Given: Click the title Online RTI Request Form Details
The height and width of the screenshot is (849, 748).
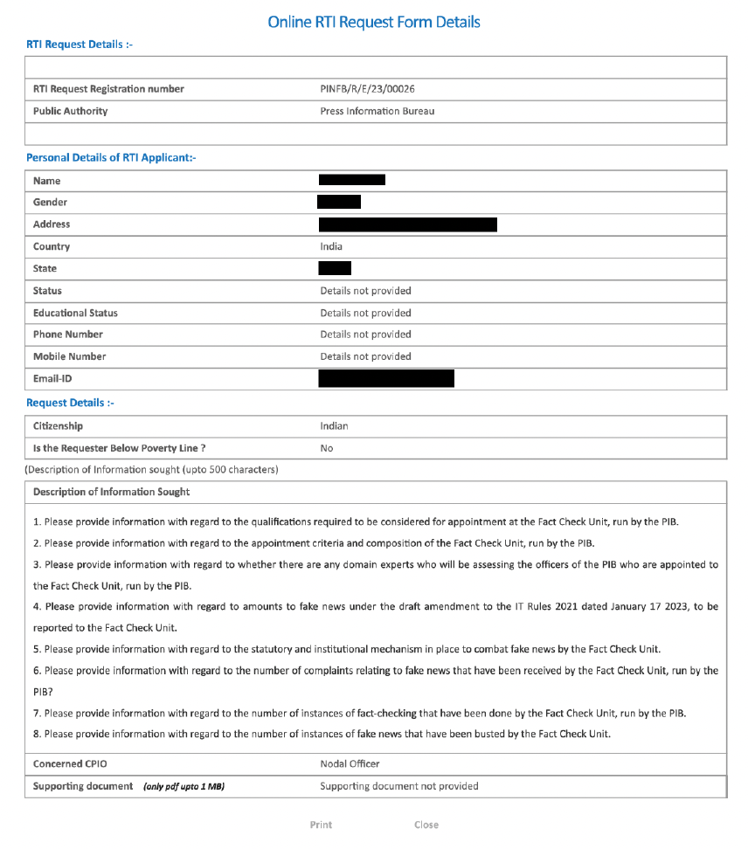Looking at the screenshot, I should point(373,22).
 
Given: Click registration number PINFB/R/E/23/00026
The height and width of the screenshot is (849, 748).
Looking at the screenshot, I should point(373,89).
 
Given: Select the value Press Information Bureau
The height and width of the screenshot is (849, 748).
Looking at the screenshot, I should point(377,111).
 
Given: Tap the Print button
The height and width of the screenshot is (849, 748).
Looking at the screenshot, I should point(321,825).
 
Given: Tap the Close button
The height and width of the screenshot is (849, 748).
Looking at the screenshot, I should point(426,825).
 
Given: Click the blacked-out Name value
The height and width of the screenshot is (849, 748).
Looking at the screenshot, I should point(352,180).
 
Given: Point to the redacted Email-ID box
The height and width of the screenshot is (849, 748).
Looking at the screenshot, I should point(386,378).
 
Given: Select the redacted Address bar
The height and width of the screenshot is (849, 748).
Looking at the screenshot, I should point(407,224).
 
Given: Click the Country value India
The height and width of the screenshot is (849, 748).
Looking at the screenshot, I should point(331,246).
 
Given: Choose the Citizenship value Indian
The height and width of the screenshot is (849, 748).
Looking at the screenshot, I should point(334,426).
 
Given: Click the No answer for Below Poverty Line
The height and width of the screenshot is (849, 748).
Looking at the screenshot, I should point(326,448).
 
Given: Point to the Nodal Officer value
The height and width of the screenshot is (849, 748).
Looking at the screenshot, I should point(350,764).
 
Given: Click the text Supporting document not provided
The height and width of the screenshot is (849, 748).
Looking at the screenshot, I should point(398,786).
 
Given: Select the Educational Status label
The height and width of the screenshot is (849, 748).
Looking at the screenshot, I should point(75,313).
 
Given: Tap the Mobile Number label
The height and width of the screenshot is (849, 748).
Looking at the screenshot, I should point(69,356).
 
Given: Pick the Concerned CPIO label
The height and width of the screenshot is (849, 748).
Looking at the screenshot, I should point(70,764).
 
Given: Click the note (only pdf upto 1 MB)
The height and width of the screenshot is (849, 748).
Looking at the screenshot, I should point(184,787).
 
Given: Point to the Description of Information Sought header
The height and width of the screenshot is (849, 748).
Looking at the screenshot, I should point(111,492).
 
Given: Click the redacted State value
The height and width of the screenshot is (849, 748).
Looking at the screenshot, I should point(335,268).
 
